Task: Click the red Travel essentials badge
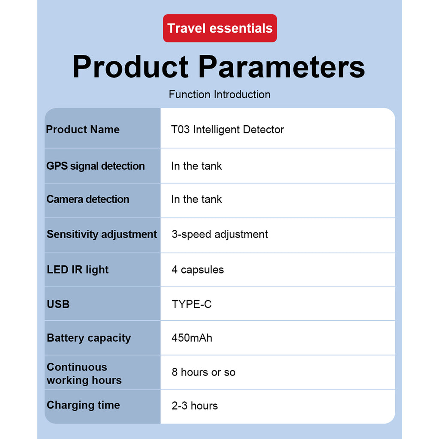click(220, 28)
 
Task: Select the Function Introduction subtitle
click(219, 94)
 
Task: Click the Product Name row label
click(83, 129)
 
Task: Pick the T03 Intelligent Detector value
click(227, 129)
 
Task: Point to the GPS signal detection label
click(96, 166)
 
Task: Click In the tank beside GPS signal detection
click(196, 166)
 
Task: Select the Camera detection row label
click(88, 199)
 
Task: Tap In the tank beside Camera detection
click(196, 199)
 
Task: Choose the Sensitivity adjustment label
click(102, 235)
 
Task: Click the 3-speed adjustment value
click(220, 235)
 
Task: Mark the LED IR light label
click(78, 270)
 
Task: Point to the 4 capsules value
click(198, 270)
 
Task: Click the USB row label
click(58, 304)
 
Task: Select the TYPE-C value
click(192, 304)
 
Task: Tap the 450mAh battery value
click(192, 338)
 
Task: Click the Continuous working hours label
click(84, 373)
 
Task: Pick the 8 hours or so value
click(204, 372)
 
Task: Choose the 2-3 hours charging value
click(195, 406)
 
